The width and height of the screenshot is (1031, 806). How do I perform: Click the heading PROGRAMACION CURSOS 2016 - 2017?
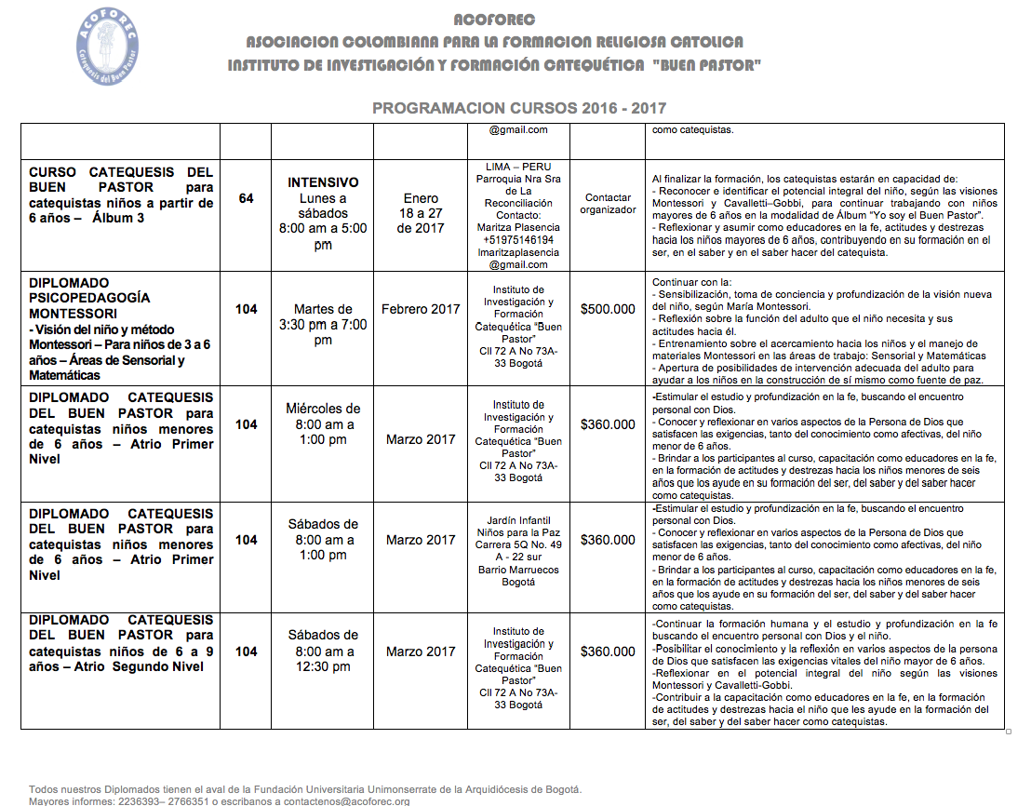point(519,109)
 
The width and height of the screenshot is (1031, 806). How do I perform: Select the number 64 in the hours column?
point(246,198)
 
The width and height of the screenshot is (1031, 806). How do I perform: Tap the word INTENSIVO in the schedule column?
point(323,182)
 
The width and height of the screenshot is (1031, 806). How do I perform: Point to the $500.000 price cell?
point(608,309)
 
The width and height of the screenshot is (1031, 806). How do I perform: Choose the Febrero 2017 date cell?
point(421,309)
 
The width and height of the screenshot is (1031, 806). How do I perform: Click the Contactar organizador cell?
point(608,204)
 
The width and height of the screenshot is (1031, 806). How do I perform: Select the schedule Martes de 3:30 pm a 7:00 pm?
point(323,325)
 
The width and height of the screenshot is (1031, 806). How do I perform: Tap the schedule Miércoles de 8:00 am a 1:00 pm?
point(323,424)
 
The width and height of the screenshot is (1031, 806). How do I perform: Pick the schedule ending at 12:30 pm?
point(323,652)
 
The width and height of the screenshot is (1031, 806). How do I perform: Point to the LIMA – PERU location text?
point(518,167)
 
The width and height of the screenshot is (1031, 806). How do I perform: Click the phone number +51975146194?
point(518,240)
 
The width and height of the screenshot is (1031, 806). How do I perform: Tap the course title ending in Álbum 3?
point(121,195)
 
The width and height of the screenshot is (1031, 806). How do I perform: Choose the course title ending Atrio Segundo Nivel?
point(121,643)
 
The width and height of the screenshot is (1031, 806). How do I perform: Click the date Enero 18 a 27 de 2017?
point(421,213)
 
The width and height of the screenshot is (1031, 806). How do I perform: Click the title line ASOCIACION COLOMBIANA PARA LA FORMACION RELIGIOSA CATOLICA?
point(494,43)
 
